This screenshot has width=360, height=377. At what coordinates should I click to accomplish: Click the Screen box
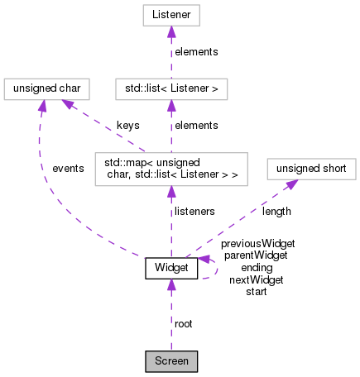pyautogui.click(x=171, y=360)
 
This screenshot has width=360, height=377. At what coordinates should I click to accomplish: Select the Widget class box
pyautogui.click(x=171, y=268)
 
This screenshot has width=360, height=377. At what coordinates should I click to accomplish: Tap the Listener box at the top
pyautogui.click(x=171, y=15)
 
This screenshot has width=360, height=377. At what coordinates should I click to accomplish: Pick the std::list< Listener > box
pyautogui.click(x=171, y=88)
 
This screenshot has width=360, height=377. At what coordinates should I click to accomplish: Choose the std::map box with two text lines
pyautogui.click(x=171, y=169)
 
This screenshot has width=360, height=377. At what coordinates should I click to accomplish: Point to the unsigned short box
pyautogui.click(x=311, y=169)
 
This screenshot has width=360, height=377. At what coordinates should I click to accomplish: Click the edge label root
pyautogui.click(x=184, y=323)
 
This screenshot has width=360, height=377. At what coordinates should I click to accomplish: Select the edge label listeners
pyautogui.click(x=194, y=212)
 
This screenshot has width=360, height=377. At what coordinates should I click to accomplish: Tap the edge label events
pyautogui.click(x=68, y=168)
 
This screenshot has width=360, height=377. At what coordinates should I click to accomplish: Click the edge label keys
pyautogui.click(x=127, y=125)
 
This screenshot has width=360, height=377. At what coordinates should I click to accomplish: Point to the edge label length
pyautogui.click(x=276, y=212)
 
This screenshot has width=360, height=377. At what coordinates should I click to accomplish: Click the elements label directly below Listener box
pyautogui.click(x=197, y=51)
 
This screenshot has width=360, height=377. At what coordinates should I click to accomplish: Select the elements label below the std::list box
pyautogui.click(x=197, y=125)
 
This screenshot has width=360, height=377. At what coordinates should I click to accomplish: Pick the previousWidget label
pyautogui.click(x=257, y=244)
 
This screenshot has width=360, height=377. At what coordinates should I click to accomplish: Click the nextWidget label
pyautogui.click(x=257, y=279)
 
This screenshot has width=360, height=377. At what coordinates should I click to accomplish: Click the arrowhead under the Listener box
pyautogui.click(x=171, y=32)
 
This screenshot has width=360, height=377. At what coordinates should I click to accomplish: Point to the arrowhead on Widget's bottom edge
pyautogui.click(x=171, y=285)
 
